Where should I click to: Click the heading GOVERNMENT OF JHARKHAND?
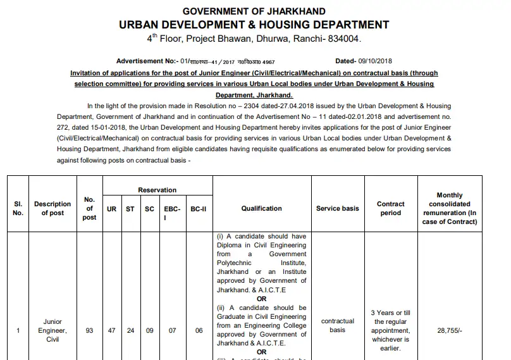coord(254,11)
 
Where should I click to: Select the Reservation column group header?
coord(157,190)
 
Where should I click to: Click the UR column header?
coord(111,209)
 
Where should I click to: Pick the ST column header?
coord(130,209)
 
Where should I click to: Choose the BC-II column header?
coord(199,209)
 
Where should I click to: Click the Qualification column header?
coord(261,209)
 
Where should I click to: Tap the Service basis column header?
coord(337,209)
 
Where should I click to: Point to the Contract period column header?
coord(390,209)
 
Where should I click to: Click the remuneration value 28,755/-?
coord(449,330)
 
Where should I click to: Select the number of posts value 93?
coord(89,330)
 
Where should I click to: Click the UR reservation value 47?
coord(111,330)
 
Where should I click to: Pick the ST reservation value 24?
coord(130,330)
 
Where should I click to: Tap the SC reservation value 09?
coord(149,330)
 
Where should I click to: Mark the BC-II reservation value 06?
coord(199,330)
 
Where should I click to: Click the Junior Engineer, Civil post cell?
coord(52,330)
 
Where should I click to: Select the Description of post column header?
coord(52,209)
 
